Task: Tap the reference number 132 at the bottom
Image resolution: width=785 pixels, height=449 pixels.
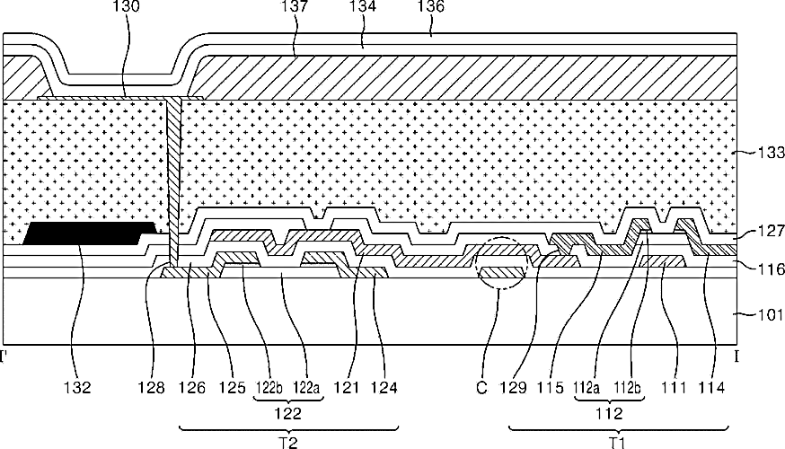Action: coord(77,389)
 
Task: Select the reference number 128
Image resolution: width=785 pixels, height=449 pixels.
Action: coord(152,389)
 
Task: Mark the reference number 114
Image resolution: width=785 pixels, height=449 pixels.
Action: coord(712,389)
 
